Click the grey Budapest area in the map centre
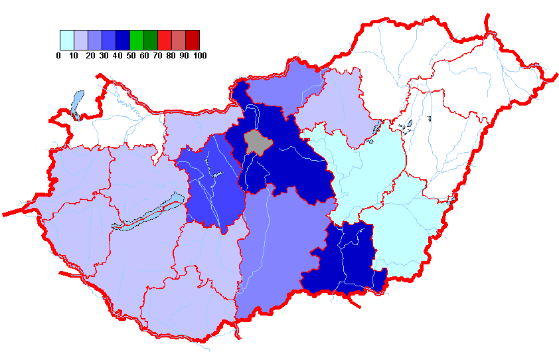256,141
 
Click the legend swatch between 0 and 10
66,40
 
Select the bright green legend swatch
136,40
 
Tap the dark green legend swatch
150,40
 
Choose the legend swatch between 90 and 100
192,40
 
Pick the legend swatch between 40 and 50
122,40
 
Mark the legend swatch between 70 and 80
164,40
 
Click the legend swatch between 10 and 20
80,40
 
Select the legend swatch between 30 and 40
108,40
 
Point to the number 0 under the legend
58,56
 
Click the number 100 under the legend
199,56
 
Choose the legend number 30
104,56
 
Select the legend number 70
157,56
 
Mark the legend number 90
185,56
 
